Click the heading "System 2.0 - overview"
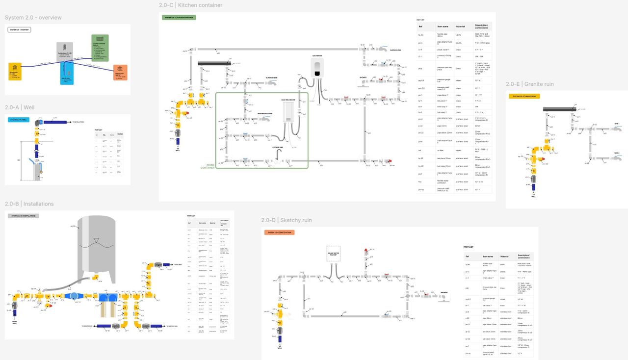pos(33,18)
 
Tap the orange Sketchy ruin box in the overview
pos(120,72)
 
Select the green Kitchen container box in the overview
pos(100,45)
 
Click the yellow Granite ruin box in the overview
pos(15,72)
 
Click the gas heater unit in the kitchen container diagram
pos(318,68)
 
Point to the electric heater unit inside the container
pos(289,112)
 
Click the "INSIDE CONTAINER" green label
pos(208,166)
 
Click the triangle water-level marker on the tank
pos(96,239)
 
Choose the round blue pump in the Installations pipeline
pos(73,296)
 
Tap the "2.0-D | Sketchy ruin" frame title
pos(286,220)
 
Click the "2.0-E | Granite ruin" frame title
pos(529,84)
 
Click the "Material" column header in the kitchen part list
pos(460,26)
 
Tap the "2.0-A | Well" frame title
pos(20,107)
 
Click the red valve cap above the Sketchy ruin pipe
pos(366,251)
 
